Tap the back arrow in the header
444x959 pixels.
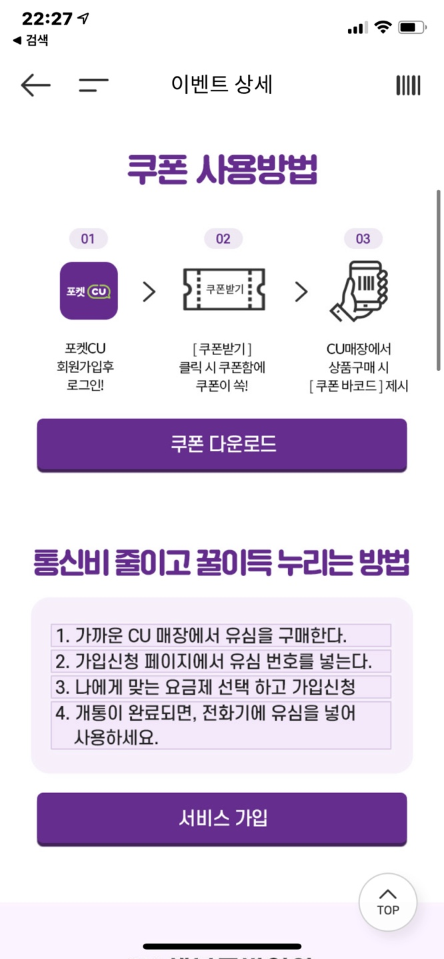coord(35,85)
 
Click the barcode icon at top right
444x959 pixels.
coord(408,85)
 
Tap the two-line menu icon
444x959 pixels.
coord(93,85)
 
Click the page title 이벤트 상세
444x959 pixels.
coord(222,85)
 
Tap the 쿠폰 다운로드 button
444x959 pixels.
coord(222,444)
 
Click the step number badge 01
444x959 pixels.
coord(88,238)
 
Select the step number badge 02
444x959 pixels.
coord(223,238)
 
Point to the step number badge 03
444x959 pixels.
coord(363,238)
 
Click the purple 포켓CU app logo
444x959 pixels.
coord(89,290)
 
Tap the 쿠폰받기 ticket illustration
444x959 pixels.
coord(224,290)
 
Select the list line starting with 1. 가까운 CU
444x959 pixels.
coord(221,635)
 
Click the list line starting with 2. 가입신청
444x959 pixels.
coord(221,661)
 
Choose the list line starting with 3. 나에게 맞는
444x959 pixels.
coord(221,687)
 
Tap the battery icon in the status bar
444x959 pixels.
coord(412,27)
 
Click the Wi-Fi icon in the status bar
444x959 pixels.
coord(383,27)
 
